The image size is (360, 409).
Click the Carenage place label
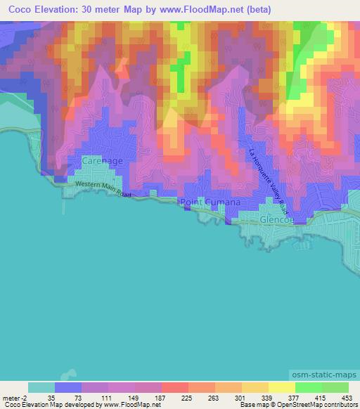click(x=102, y=161)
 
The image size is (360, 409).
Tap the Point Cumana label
click(x=210, y=202)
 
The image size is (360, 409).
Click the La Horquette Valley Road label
click(x=268, y=178)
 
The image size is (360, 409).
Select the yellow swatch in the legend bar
click(x=281, y=387)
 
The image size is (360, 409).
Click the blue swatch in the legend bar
click(x=69, y=387)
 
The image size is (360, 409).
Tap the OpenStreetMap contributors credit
click(x=323, y=404)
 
